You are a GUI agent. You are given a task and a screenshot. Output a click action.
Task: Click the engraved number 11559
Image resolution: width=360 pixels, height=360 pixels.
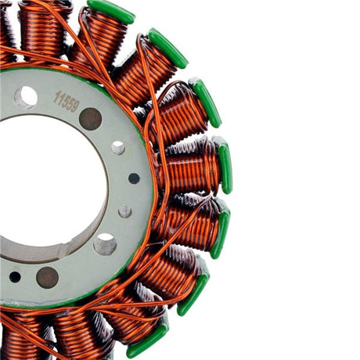pos(67,101)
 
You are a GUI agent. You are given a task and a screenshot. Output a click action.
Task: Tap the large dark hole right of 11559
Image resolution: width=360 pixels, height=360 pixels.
pos(91,119)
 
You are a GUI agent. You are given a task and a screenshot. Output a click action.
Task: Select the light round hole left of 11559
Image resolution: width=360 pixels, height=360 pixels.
pos(25,97)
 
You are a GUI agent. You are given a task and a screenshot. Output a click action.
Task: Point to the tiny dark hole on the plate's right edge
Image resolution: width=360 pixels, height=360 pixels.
pos(134,178)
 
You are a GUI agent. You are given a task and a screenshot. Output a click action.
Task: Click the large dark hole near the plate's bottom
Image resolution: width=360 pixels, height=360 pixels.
pos(47,277)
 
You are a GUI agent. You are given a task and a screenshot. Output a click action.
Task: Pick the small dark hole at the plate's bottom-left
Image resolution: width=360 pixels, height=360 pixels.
pos(15,276)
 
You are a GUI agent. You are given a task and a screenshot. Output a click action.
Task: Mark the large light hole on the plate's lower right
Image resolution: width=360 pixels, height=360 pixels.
pos(105,244)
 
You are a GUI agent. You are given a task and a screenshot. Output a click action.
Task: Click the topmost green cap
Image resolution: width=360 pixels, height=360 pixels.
pos(110,10)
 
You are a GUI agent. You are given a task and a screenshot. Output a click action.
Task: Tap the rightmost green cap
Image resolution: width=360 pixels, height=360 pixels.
pos(225,165)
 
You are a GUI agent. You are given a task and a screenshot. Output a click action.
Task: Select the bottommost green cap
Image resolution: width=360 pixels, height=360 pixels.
pos(148,338)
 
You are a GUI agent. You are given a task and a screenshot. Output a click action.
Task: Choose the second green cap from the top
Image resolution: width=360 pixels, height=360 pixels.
pos(167,48)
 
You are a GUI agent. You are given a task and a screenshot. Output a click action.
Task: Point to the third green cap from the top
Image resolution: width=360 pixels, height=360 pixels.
pos(206,103)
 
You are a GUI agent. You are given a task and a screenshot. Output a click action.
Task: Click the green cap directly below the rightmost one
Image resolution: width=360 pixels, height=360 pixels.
pos(219,229)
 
